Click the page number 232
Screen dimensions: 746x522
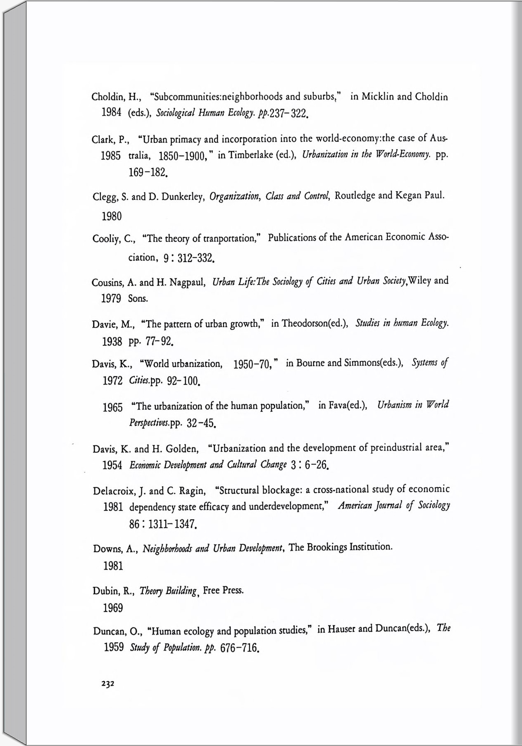[x=107, y=684]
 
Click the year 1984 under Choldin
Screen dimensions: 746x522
[x=111, y=113]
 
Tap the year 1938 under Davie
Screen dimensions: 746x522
[x=112, y=342]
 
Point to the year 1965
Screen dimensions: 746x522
[x=112, y=408]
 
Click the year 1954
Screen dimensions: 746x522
[x=112, y=466]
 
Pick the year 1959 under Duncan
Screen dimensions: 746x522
[x=114, y=647]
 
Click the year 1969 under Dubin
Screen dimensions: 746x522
[x=113, y=608]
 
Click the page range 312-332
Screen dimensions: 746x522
[x=195, y=259]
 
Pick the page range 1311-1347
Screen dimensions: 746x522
[x=172, y=525]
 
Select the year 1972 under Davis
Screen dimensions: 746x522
[x=112, y=381]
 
